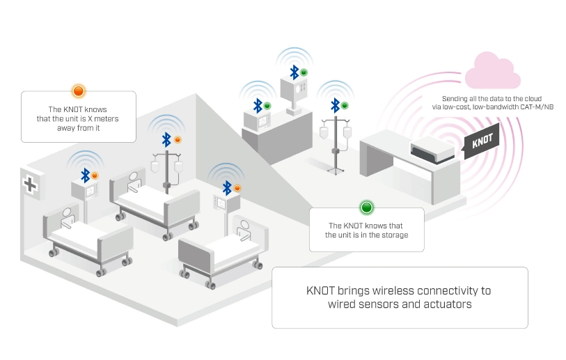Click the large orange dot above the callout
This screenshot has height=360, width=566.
(78, 91)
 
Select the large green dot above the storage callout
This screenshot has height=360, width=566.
(366, 207)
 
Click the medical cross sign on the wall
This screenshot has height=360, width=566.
(30, 185)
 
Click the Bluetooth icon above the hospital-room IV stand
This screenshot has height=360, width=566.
(166, 138)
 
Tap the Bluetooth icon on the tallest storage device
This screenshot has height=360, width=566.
(294, 71)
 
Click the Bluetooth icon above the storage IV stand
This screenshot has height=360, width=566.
(335, 105)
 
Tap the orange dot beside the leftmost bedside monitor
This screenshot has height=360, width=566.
(95, 175)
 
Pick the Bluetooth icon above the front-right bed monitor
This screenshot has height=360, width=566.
(227, 187)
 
